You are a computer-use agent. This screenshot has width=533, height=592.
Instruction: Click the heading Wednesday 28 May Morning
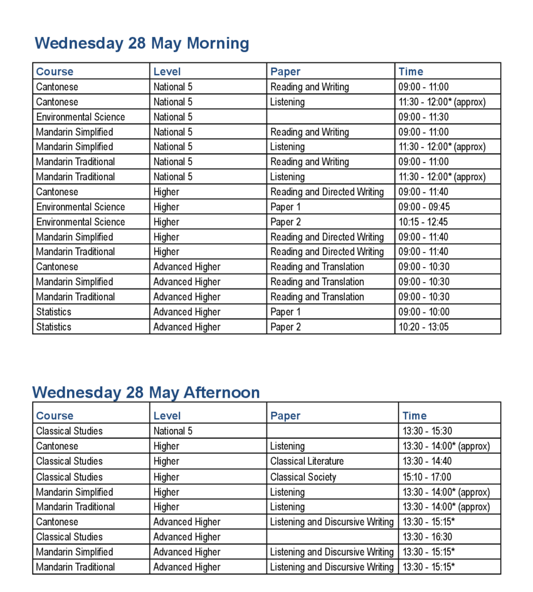141,43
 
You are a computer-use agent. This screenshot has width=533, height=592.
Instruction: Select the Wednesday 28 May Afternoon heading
146,393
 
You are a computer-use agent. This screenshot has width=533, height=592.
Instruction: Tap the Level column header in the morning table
167,72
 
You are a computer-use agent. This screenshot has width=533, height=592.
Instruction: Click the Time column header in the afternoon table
414,416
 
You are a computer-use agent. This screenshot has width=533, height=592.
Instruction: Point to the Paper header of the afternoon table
285,416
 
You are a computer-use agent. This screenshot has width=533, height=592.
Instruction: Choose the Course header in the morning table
55,72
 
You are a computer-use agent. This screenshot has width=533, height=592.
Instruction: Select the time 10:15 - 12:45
423,222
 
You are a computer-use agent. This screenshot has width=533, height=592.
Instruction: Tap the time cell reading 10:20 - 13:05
423,327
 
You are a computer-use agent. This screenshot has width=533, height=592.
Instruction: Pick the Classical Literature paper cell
307,461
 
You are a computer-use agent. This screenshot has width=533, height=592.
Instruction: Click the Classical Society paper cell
303,477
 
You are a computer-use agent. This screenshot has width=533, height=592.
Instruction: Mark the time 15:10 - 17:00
427,477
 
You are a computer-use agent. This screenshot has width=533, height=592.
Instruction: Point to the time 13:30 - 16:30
427,536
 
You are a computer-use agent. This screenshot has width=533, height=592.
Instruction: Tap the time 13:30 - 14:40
427,461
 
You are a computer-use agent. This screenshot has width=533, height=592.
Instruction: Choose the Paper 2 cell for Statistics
285,327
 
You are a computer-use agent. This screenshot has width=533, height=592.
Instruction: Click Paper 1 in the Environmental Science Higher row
285,207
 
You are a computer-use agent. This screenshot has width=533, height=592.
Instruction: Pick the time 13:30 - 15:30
427,431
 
